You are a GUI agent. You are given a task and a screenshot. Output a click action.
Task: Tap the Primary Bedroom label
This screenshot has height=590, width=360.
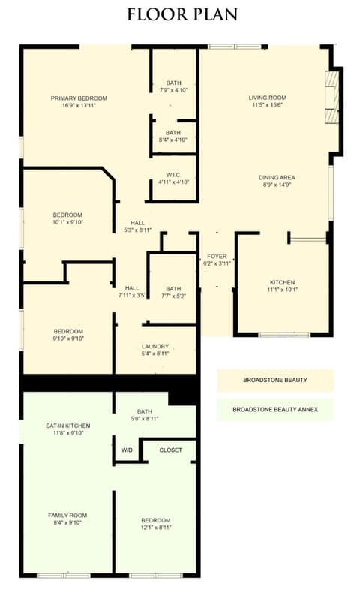[79, 98]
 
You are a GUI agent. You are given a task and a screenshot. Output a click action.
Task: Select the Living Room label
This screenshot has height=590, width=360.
[268, 98]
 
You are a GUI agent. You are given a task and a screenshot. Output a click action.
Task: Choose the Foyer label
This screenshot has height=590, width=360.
[217, 257]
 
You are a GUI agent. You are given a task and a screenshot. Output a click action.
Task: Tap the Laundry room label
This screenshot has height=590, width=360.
[155, 346]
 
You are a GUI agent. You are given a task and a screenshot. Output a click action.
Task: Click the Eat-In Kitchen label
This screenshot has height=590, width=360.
[67, 426]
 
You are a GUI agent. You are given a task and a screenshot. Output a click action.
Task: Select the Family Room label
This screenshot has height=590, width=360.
[67, 516]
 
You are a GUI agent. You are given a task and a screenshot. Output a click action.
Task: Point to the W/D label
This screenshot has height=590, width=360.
[127, 450]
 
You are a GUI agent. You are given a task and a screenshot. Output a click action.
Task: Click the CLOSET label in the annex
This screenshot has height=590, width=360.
[170, 450]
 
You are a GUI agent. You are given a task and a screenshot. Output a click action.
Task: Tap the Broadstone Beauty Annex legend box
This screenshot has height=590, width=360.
[275, 409]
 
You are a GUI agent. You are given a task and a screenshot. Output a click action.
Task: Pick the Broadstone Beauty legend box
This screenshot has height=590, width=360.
[275, 380]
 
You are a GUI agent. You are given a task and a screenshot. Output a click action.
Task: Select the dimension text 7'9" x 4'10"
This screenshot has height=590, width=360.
[173, 90]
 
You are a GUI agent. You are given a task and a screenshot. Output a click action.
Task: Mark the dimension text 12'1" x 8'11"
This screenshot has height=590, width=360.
[156, 528]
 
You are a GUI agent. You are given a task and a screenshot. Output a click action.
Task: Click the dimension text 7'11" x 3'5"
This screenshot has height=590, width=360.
[131, 296]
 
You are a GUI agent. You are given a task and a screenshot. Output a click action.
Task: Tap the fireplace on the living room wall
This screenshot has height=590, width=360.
[332, 98]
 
